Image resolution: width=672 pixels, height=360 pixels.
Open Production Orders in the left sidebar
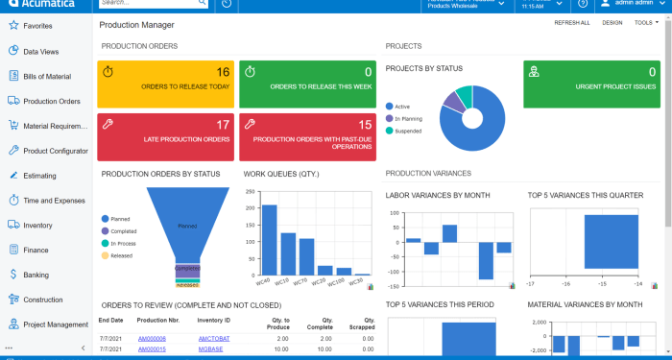coord(51,101)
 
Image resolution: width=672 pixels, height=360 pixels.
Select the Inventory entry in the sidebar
coord(37,225)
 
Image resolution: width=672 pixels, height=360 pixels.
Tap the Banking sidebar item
coord(36,275)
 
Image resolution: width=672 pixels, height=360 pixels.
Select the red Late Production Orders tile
coord(165,136)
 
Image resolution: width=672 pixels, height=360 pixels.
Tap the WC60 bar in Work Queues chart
coord(270,239)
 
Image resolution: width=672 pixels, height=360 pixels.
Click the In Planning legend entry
coord(407,118)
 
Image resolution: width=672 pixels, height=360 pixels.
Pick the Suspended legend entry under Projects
coord(407,131)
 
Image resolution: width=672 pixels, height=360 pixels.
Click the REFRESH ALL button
coord(571,22)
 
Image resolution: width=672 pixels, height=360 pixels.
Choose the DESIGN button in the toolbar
coord(612,22)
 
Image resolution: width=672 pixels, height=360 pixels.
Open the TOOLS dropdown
coord(646,22)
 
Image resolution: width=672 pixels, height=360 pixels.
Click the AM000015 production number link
coord(152,349)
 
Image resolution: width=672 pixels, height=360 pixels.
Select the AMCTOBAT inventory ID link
coord(214,339)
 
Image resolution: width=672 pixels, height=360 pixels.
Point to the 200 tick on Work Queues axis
coord(251,207)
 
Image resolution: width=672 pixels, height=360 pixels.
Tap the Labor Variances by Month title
coord(438,196)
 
